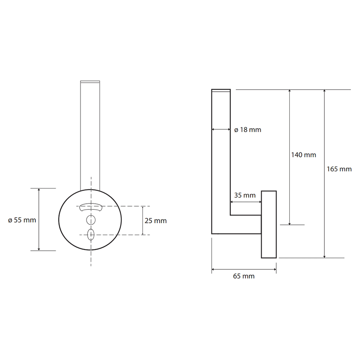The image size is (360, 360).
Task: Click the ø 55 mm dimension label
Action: (x=22, y=220)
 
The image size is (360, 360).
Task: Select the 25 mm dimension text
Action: (x=156, y=221)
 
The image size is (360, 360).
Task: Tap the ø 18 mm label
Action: (x=248, y=130)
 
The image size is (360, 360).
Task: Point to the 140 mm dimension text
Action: (x=303, y=155)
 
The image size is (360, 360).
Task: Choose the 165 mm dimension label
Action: (x=339, y=169)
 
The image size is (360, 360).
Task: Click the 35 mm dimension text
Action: (x=245, y=195)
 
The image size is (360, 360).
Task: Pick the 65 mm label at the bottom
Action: (x=244, y=276)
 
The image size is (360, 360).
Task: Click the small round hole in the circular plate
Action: (x=91, y=220)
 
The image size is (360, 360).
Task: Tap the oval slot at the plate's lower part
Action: (x=91, y=234)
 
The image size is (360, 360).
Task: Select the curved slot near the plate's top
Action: (x=91, y=207)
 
